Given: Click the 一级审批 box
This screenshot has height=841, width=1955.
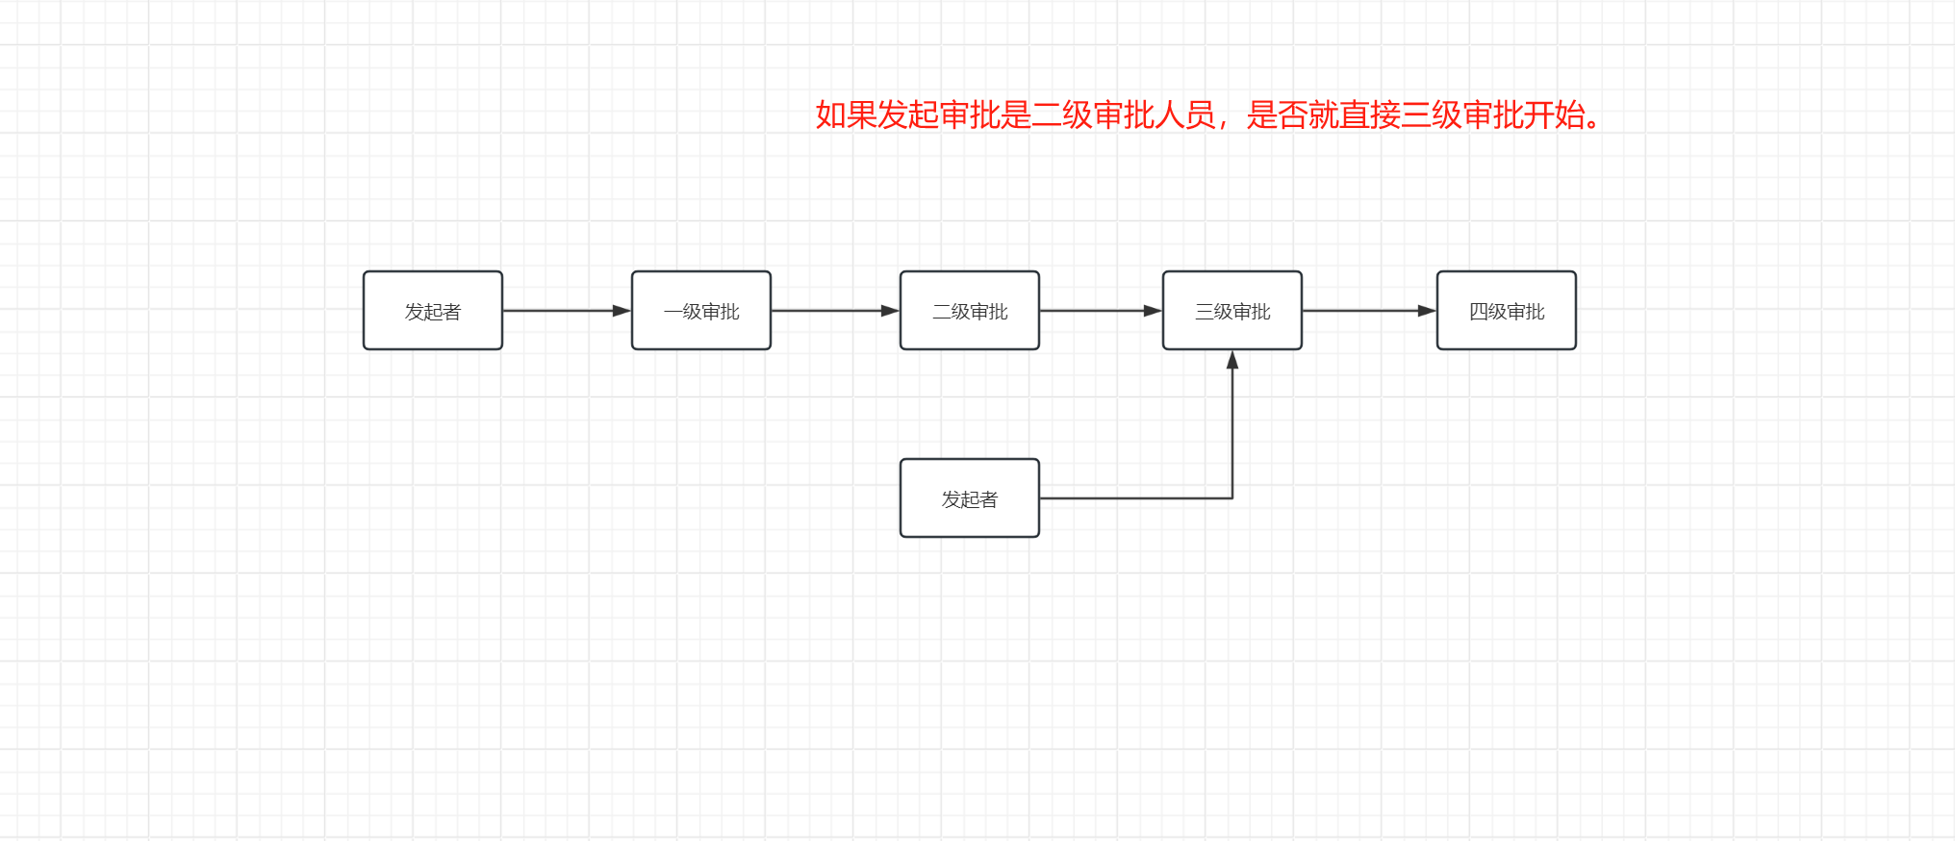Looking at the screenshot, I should pos(700,311).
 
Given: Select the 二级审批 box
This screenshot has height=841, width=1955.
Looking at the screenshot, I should pos(969,311).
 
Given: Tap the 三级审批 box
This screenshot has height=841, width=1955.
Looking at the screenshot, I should pos(1231,311).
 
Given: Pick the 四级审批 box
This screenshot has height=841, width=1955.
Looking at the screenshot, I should pos(1506,311).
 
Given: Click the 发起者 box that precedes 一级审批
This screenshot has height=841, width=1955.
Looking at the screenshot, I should pos(432,311).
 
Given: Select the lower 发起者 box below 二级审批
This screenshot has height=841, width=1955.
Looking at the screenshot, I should pos(969,498).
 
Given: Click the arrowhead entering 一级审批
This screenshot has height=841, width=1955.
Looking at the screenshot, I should pos(622,311).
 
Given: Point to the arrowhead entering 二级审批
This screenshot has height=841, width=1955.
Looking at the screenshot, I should pos(890,311).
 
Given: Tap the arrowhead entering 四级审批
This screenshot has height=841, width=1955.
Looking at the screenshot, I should pos(1427,311).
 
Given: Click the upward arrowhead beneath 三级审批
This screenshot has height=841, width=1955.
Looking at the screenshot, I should pos(1232,360).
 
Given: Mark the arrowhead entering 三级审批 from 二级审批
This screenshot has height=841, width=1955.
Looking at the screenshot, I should pos(1153,311).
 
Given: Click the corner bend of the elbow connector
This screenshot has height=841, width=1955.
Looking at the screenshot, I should pos(1232,498).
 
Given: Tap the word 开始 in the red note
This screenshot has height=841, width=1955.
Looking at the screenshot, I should pos(1555,115).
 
